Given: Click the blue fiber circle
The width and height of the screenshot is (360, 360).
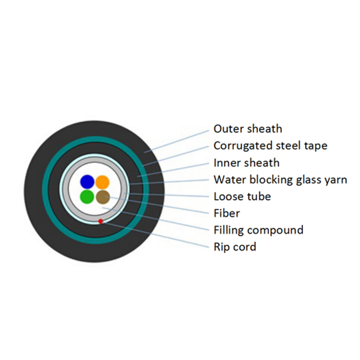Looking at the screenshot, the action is tap(87, 182).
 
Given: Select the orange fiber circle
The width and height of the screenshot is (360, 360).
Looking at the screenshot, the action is tap(103, 182).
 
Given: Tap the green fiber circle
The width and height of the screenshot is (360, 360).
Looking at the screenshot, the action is tap(87, 197).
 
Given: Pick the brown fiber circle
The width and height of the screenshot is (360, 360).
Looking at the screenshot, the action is tap(103, 197).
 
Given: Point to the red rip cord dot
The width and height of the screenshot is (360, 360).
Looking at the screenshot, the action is tap(100, 221).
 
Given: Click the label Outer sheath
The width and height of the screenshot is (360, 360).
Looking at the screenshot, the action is tap(248, 129).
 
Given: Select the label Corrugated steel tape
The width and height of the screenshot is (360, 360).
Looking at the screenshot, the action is tap(270, 146).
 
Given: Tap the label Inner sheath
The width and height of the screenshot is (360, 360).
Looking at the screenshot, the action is tap(247, 163).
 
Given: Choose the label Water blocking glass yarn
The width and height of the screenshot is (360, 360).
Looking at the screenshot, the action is tap(280, 180).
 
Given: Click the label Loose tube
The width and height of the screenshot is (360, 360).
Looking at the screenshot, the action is tap(242, 197).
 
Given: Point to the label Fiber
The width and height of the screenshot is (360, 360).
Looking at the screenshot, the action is tap(227, 213).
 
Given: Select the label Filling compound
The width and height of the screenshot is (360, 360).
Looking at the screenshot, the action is tap(258, 230).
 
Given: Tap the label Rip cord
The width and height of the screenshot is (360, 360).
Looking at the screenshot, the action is tap(235, 247).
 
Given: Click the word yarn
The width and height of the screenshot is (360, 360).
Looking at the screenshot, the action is tap(336, 181).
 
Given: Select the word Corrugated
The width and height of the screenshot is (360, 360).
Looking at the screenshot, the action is tap(243, 146).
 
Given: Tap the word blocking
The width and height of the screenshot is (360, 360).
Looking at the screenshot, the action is tap(271, 180).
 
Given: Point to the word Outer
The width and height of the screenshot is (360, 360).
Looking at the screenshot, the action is tap(226, 129).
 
